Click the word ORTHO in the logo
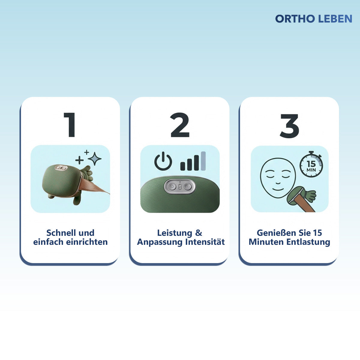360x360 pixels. click(295, 19)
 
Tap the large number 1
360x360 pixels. click(70, 125)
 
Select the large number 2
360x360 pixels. click(180, 125)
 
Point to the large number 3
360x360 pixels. click(289, 126)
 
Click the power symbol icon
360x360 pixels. click(163, 161)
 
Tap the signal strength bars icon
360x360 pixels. click(193, 162)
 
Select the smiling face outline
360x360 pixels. click(278, 178)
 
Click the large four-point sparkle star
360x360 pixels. click(95, 159)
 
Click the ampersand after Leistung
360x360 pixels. click(199, 233)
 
